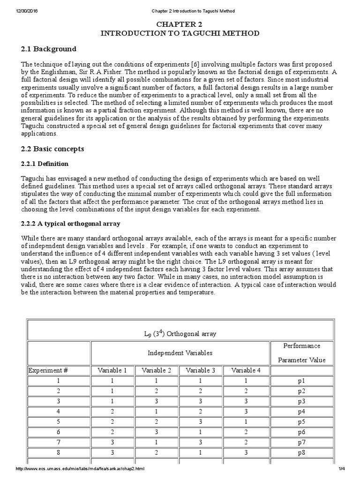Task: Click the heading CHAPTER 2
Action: [180, 24]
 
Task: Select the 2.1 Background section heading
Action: [49, 49]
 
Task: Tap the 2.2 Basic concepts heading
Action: [53, 149]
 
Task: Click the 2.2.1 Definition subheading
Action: [45, 164]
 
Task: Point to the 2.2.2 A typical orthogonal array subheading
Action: [71, 223]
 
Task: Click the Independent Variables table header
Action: [180, 352]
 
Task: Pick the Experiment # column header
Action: [49, 370]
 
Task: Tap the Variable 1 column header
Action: [112, 370]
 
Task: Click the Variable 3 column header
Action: [201, 370]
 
